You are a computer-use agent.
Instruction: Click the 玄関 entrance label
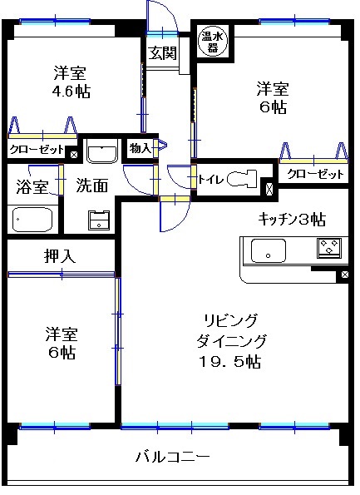162,52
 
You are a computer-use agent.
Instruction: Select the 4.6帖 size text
71,92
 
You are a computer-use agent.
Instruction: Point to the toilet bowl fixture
242,178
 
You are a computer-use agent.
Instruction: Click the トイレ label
210,180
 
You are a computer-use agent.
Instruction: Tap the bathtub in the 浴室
32,219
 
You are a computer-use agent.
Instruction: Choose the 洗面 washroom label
92,186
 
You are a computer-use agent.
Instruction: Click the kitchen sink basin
269,250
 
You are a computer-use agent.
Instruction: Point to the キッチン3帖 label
292,219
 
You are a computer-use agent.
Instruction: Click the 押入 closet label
60,256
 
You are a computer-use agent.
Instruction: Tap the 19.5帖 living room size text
229,361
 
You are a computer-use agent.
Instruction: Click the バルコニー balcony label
172,457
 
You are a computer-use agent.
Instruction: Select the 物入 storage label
141,148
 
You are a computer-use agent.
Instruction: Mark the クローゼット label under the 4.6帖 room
37,149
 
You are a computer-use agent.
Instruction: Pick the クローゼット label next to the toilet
315,174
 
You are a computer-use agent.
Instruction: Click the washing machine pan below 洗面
99,220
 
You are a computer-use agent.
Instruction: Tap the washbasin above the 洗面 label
101,151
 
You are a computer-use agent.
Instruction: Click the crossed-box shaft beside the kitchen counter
344,275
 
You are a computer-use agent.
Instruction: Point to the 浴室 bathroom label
32,186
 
